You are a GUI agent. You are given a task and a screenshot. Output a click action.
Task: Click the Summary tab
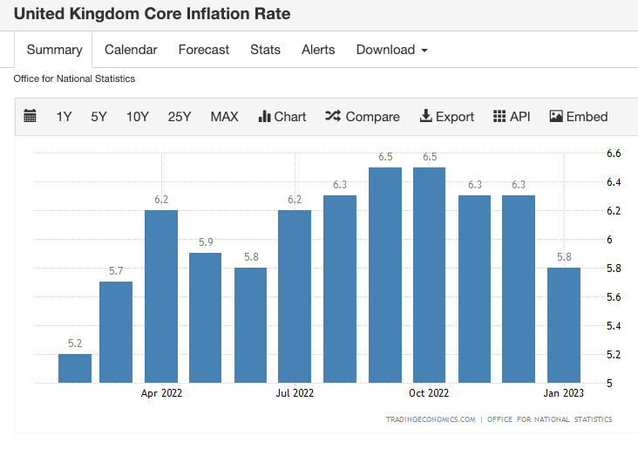pyautogui.click(x=54, y=50)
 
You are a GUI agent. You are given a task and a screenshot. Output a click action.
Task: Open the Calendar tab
pyautogui.click(x=131, y=50)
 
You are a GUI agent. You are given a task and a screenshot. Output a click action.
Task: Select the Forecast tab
pyautogui.click(x=204, y=50)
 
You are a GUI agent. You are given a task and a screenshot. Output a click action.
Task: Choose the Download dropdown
pyautogui.click(x=391, y=50)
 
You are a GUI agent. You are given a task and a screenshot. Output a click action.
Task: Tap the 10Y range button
pyautogui.click(x=138, y=117)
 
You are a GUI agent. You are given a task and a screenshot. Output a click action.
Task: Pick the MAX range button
pyautogui.click(x=224, y=117)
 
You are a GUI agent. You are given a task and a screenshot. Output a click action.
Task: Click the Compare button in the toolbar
pyautogui.click(x=363, y=117)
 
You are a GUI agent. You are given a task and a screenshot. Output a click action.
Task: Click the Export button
pyautogui.click(x=447, y=117)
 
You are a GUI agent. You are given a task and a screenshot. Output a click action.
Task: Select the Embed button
pyautogui.click(x=579, y=117)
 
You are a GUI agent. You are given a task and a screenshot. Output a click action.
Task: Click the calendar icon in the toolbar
pyautogui.click(x=31, y=117)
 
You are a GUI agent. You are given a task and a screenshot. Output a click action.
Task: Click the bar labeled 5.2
pyautogui.click(x=75, y=368)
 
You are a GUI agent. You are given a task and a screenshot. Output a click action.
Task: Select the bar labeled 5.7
pyautogui.click(x=116, y=332)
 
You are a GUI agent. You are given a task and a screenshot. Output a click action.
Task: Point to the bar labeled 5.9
pyautogui.click(x=206, y=317)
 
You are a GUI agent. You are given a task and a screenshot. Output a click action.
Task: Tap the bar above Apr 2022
pyautogui.click(x=161, y=296)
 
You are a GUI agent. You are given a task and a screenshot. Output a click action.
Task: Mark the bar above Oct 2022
pyautogui.click(x=430, y=275)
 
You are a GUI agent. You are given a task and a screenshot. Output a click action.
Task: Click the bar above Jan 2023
pyautogui.click(x=564, y=324)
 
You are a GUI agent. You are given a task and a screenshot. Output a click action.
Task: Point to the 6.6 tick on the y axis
pyautogui.click(x=614, y=153)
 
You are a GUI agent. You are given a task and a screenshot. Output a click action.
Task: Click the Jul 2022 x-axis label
pyautogui.click(x=295, y=393)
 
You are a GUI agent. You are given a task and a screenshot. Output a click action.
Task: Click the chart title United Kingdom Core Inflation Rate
pyautogui.click(x=153, y=14)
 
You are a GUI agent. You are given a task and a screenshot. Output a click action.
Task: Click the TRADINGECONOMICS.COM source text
pyautogui.click(x=431, y=419)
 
